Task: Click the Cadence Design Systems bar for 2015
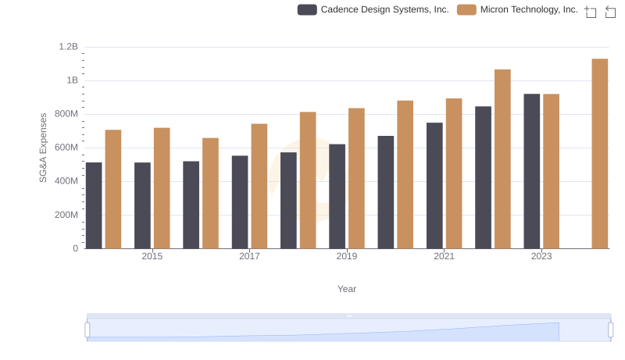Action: [142, 205]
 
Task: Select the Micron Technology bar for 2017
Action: [259, 186]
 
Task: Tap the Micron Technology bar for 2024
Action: [600, 154]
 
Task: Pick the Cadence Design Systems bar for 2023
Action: [532, 171]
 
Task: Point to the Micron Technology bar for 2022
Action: [502, 159]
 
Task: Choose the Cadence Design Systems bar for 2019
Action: [337, 196]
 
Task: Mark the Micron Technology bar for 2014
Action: [113, 189]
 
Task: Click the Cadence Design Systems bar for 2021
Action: [434, 185]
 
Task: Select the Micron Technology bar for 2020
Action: [405, 174]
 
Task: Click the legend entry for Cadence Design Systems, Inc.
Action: [373, 9]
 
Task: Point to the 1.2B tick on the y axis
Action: [69, 47]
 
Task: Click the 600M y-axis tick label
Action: [66, 148]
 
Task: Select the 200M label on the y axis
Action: [66, 215]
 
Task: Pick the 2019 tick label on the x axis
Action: [347, 256]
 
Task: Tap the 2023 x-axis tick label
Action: [541, 256]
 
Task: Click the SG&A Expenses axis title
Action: [44, 148]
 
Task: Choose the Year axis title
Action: [347, 289]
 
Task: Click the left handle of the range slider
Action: [87, 330]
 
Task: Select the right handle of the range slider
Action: [611, 330]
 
